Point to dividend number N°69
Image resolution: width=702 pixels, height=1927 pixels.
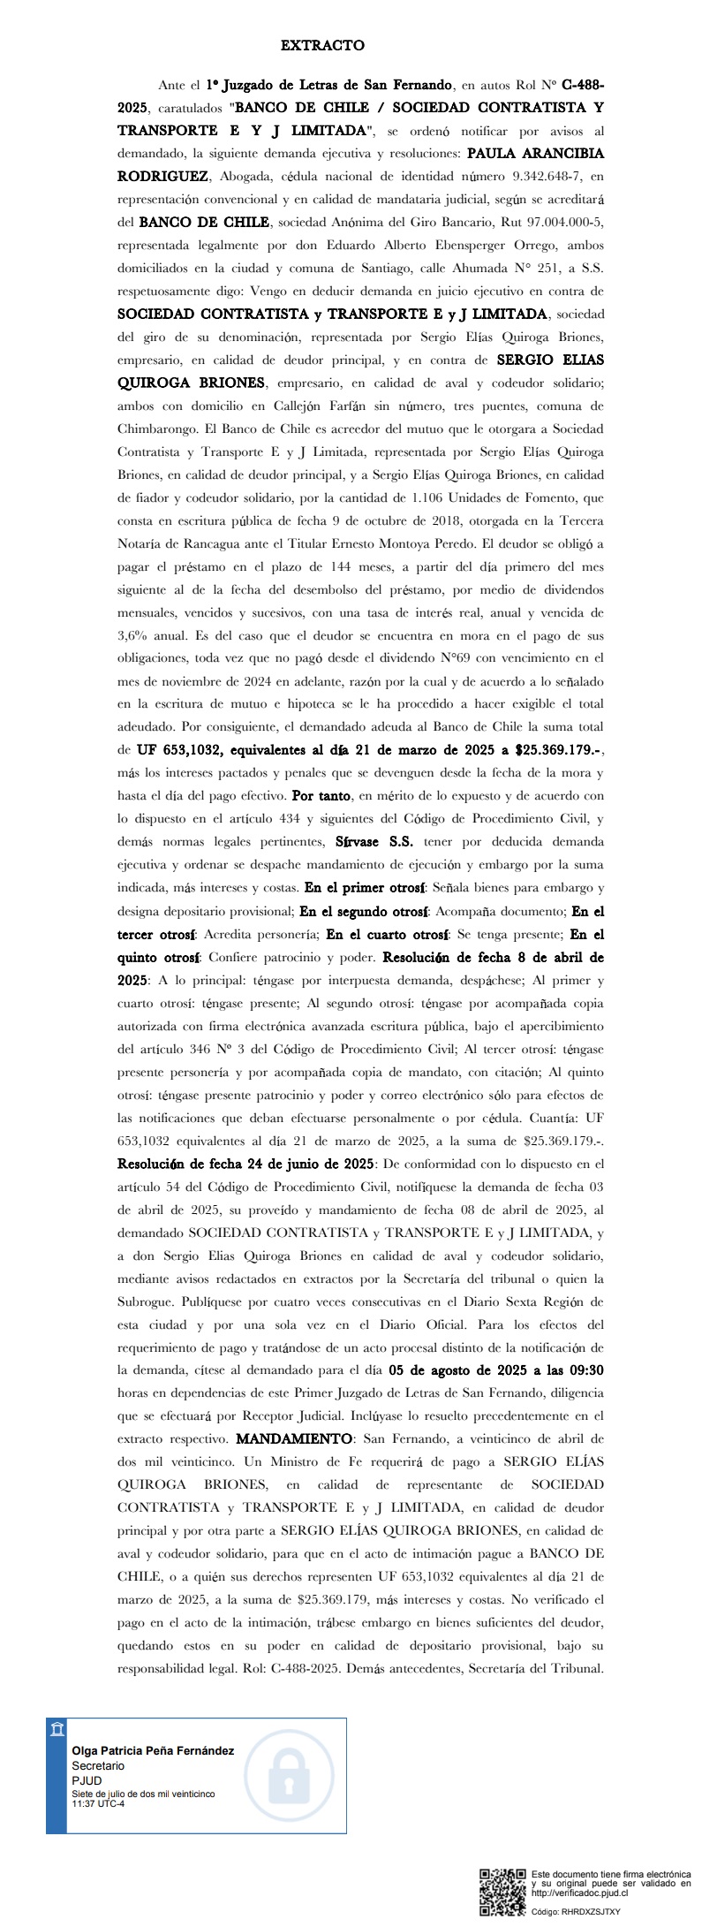(452, 658)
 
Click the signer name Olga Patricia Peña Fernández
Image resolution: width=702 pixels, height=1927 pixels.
(153, 1751)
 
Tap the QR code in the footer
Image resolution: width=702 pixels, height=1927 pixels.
(502, 1892)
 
